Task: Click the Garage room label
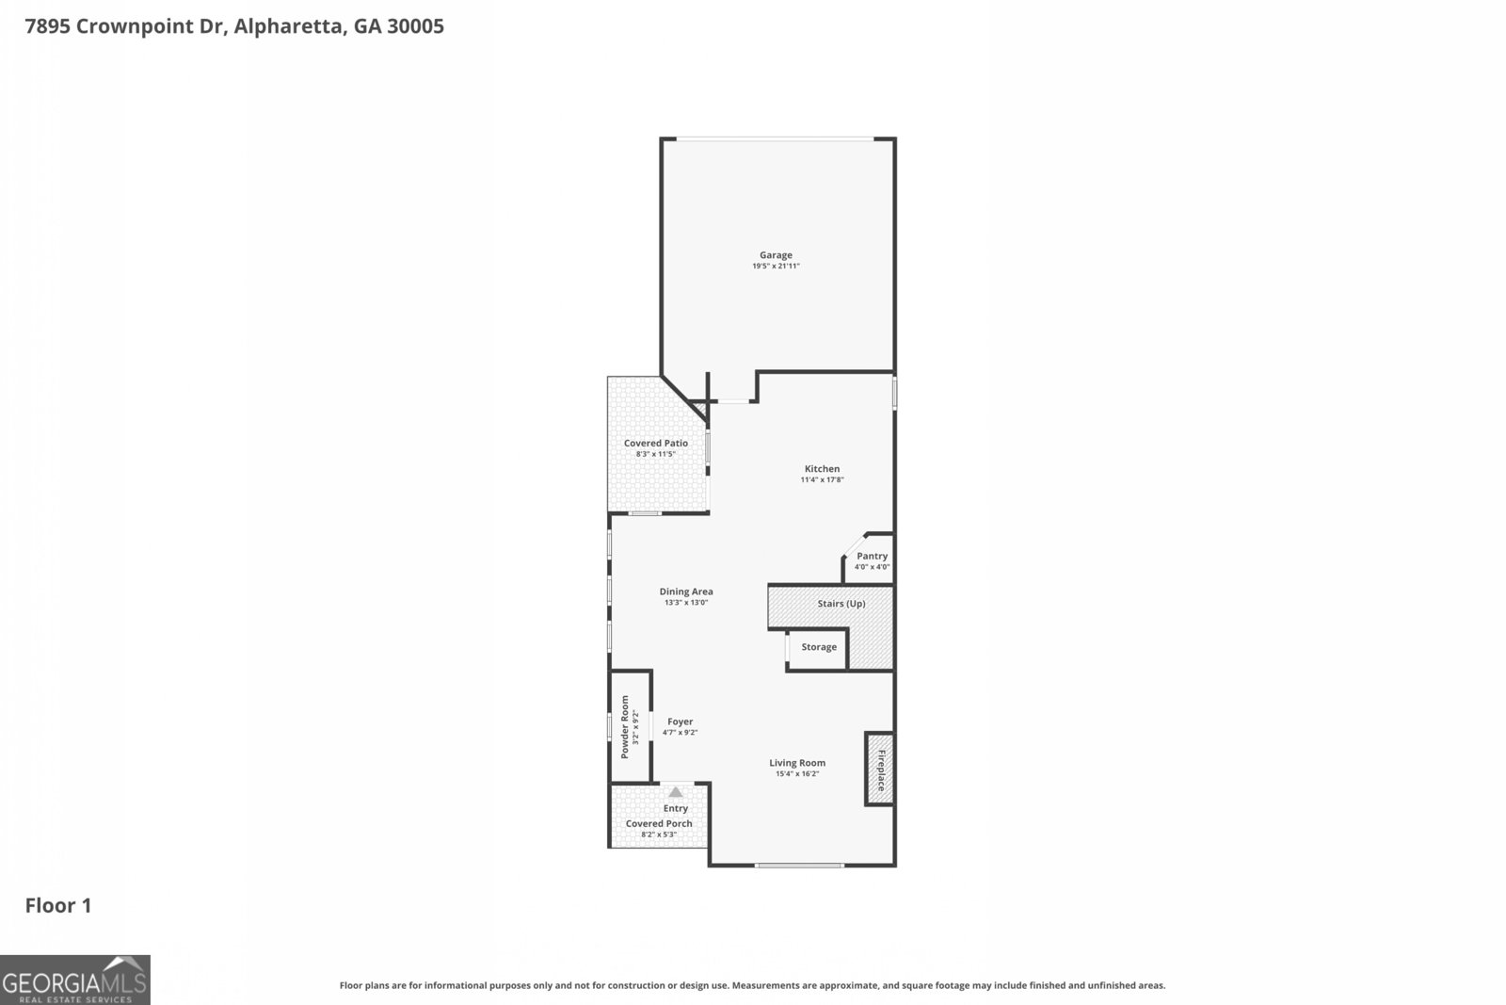click(776, 255)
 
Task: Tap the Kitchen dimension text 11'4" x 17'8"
click(822, 480)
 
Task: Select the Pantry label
click(872, 557)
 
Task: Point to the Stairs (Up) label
click(841, 604)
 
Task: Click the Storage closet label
click(819, 647)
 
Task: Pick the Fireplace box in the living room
click(880, 769)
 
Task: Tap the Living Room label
click(797, 763)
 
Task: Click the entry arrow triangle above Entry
click(676, 792)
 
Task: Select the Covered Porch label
click(659, 823)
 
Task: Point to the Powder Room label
click(624, 727)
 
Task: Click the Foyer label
click(680, 721)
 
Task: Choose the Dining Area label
click(686, 592)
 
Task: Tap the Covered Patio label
click(656, 443)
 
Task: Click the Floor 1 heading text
click(58, 906)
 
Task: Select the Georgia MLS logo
click(74, 980)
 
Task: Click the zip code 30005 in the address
click(415, 26)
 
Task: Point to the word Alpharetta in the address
click(288, 26)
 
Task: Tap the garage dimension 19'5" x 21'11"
click(776, 267)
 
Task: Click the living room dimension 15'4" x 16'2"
click(797, 774)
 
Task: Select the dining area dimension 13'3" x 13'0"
click(686, 603)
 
